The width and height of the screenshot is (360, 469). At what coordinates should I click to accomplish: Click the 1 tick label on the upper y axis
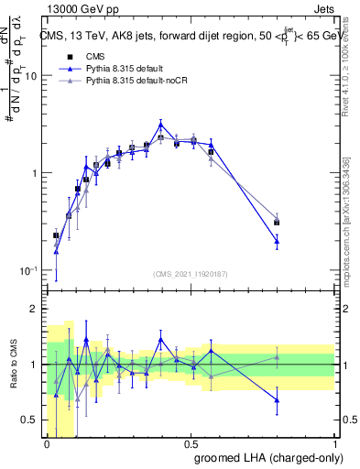pyautogui.click(x=32, y=173)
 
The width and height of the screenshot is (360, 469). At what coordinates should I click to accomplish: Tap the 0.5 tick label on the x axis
pyautogui.click(x=191, y=444)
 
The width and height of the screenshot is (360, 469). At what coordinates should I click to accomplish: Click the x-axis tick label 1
pyautogui.click(x=335, y=444)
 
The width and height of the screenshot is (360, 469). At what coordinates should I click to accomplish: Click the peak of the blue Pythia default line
pyautogui.click(x=160, y=125)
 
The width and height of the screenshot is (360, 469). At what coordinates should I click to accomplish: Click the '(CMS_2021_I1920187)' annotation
pyautogui.click(x=191, y=274)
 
